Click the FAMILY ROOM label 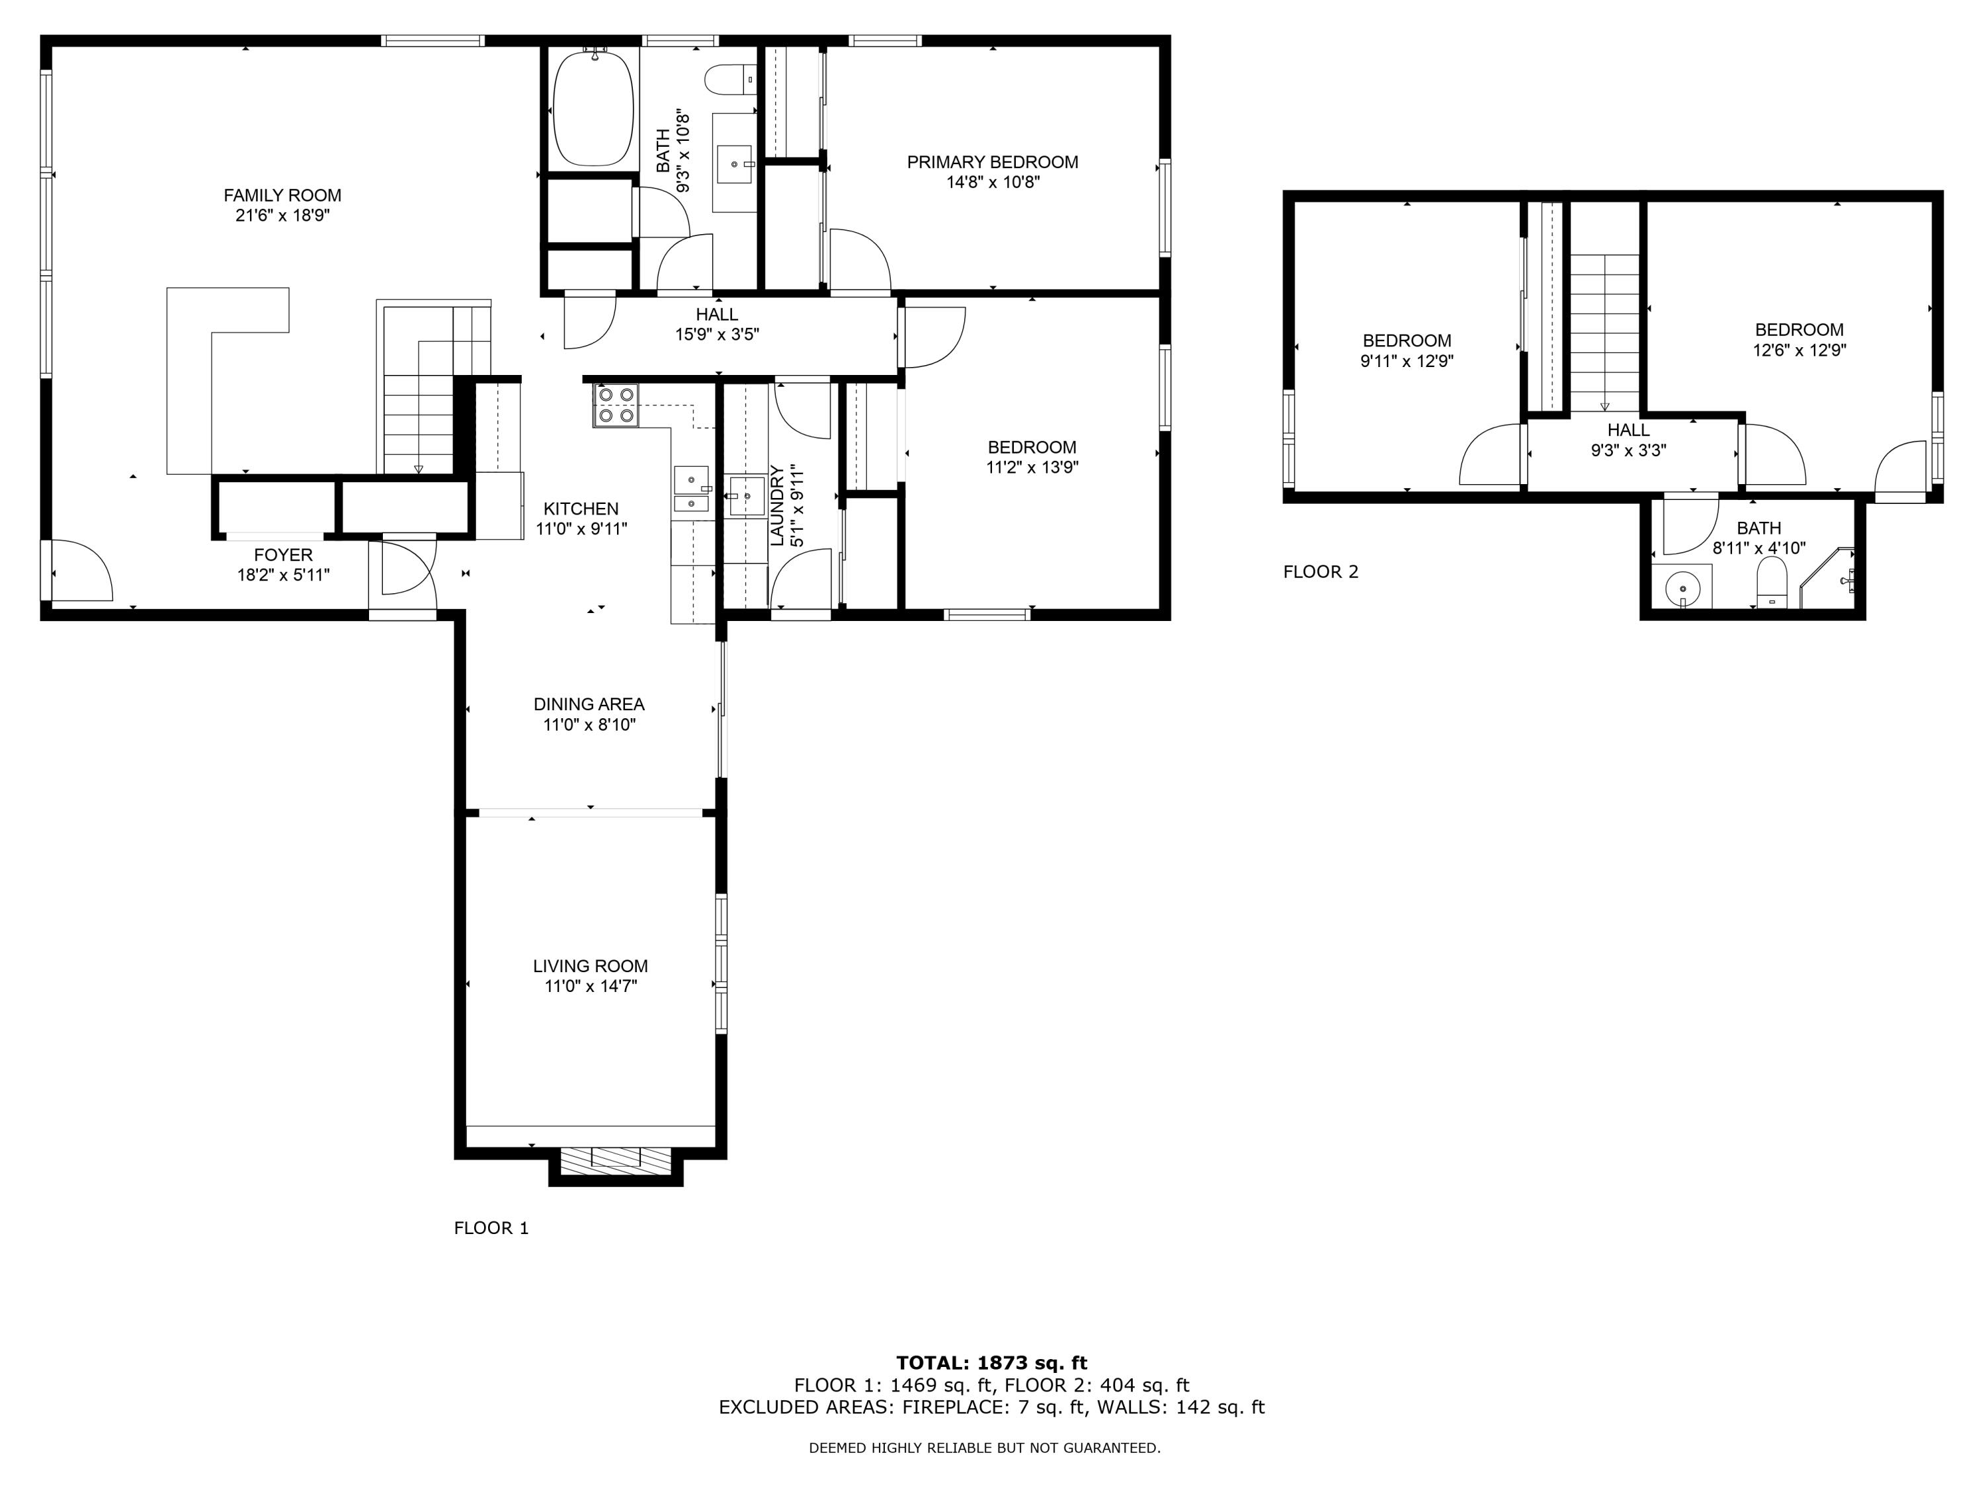282,194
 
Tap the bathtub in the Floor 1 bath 592,108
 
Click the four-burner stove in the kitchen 615,405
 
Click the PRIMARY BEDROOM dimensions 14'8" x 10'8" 992,182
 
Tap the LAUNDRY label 777,505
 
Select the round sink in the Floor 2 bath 1682,589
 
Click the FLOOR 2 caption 1320,571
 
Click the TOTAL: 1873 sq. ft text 991,1363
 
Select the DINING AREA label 589,704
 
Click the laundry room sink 746,495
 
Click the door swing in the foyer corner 81,571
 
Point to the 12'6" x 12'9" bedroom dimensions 1799,351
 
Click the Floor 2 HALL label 1628,430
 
